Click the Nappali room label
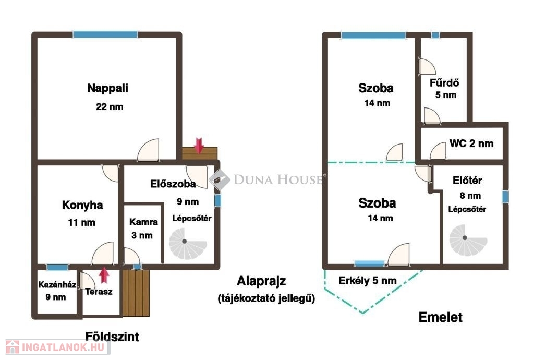point(107,88)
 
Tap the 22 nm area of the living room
point(110,107)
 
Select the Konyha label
point(82,206)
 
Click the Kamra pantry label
point(143,222)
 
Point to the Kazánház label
point(57,285)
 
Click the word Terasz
point(99,292)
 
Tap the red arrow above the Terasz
point(104,275)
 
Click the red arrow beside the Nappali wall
point(199,146)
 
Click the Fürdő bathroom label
point(444,83)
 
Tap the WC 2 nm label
point(471,143)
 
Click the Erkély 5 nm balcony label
point(368,281)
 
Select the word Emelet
point(440,317)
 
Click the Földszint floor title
point(112,337)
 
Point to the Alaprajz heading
point(261,281)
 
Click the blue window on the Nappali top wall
point(105,34)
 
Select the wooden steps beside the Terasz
point(136,293)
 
